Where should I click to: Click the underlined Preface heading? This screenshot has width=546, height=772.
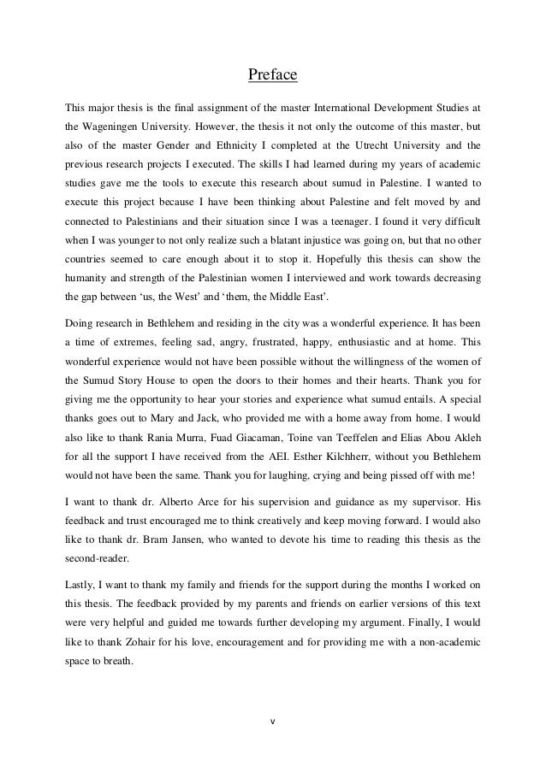[x=272, y=77]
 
